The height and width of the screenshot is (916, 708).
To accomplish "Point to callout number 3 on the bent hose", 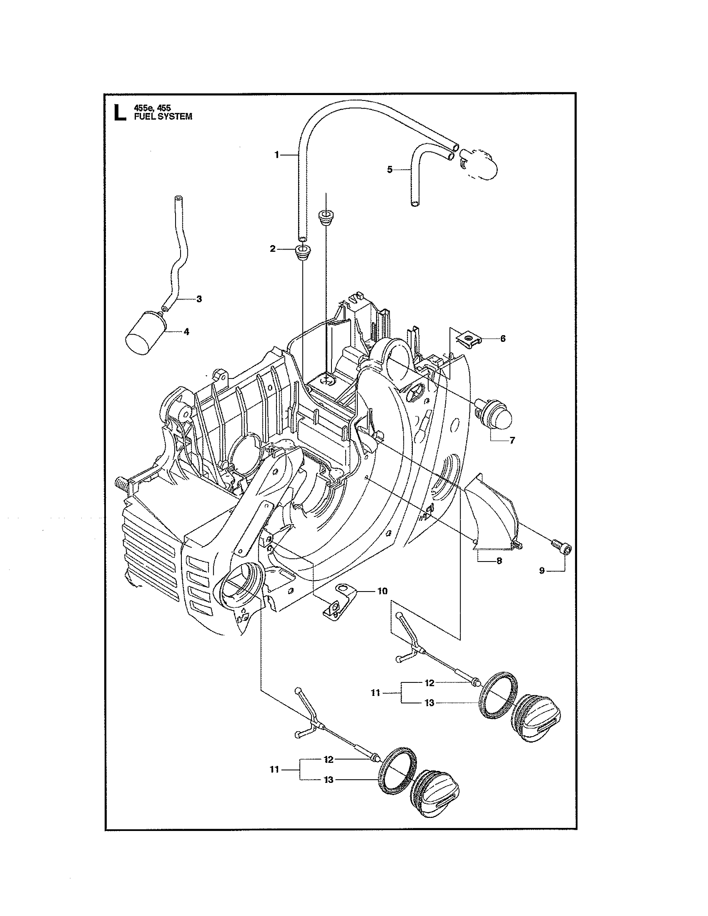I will [x=199, y=299].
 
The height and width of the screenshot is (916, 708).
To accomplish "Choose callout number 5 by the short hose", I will [x=390, y=170].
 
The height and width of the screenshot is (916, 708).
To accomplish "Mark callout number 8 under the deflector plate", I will [x=499, y=561].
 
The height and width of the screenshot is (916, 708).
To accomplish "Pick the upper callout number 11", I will [x=375, y=693].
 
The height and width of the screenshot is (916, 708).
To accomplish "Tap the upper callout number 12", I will [x=429, y=683].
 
